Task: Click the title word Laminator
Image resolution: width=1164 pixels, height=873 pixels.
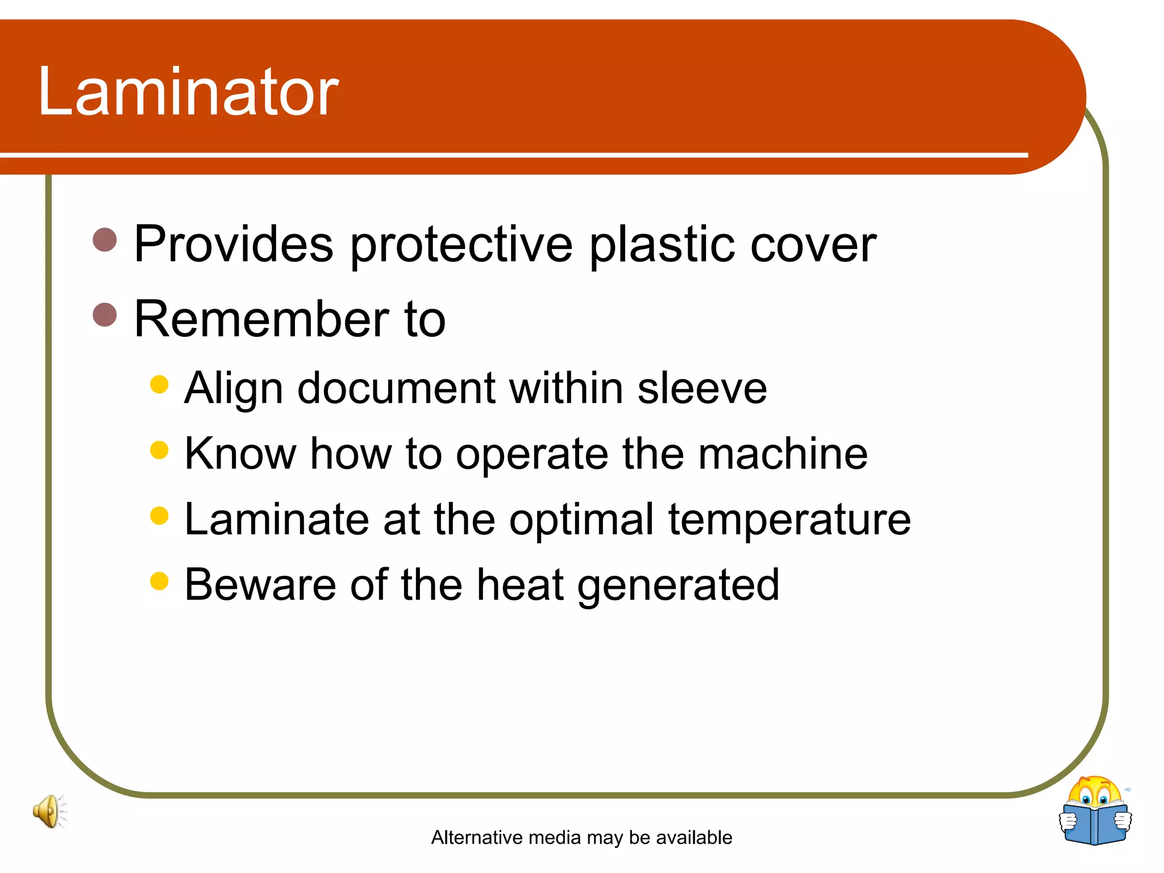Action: click(x=188, y=92)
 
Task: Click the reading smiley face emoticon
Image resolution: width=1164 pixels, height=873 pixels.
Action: click(x=1095, y=796)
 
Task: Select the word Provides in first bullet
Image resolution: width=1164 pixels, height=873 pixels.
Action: click(x=233, y=244)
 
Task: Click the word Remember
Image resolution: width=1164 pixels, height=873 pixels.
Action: click(x=261, y=319)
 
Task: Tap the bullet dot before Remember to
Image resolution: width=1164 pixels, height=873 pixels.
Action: click(x=105, y=314)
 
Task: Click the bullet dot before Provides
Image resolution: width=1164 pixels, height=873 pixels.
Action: click(x=105, y=239)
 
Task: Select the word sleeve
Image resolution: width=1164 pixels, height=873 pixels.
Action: click(x=702, y=389)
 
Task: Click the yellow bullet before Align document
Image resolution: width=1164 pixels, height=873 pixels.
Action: click(x=160, y=384)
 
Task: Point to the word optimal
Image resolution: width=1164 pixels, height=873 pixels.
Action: click(x=581, y=521)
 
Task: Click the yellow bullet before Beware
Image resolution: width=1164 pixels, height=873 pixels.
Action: click(x=160, y=581)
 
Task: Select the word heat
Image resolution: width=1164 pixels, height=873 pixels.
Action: click(x=519, y=585)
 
